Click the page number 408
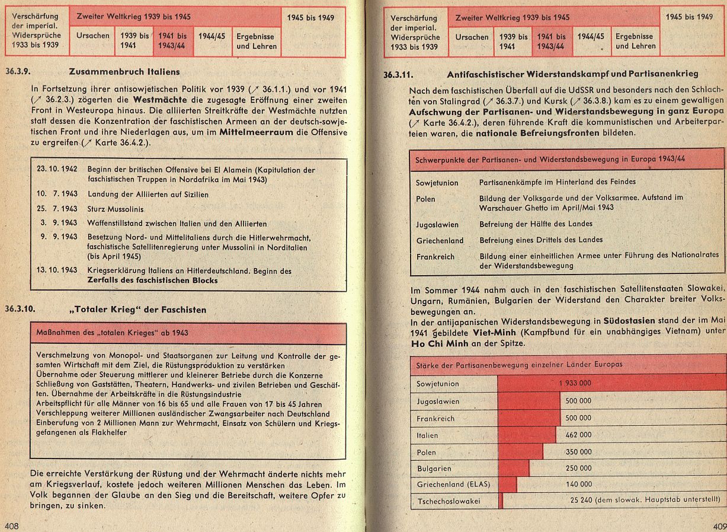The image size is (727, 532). click(12, 525)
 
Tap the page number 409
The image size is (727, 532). click(719, 525)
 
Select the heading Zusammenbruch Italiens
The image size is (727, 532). click(124, 72)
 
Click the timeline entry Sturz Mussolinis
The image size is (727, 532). click(116, 209)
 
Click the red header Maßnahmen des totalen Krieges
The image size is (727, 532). click(113, 332)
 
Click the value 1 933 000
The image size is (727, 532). click(575, 383)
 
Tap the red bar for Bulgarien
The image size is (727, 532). click(514, 469)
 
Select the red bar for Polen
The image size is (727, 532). click(520, 451)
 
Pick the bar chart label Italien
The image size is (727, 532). click(428, 435)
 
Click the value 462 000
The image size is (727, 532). click(578, 435)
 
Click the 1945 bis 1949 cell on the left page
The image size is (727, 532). click(310, 18)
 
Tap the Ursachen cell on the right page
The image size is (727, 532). click(472, 37)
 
